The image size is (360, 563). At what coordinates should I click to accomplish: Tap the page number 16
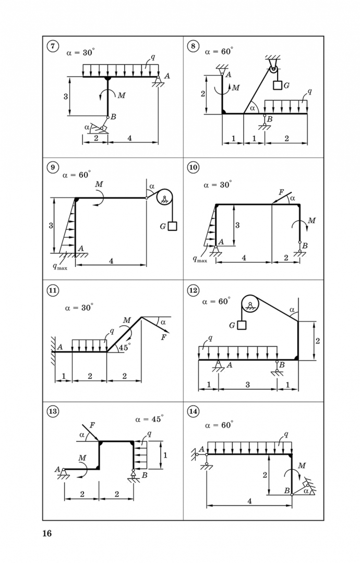coord(47,534)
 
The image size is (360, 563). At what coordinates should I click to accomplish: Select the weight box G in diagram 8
coord(277,85)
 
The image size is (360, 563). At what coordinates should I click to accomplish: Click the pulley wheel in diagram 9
coord(164,198)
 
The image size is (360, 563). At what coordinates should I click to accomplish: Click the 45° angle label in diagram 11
coord(125,347)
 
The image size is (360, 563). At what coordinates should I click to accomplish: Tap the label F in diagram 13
coord(92,425)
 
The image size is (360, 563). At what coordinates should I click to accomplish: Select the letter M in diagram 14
coord(302,466)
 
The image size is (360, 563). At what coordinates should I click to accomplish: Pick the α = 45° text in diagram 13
coord(149,419)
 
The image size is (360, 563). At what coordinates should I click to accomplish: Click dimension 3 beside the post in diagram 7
coord(66,96)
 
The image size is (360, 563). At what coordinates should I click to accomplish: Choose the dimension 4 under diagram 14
coord(250,501)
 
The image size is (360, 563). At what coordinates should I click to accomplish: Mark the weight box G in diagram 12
coord(242,325)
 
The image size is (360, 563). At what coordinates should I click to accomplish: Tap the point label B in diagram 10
coord(305,246)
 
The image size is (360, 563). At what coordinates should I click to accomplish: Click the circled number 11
coord(53,290)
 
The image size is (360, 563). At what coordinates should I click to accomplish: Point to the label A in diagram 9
coord(81,248)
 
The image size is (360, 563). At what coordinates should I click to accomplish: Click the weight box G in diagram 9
coord(173,226)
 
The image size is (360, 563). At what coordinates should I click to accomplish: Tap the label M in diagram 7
coord(122,95)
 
